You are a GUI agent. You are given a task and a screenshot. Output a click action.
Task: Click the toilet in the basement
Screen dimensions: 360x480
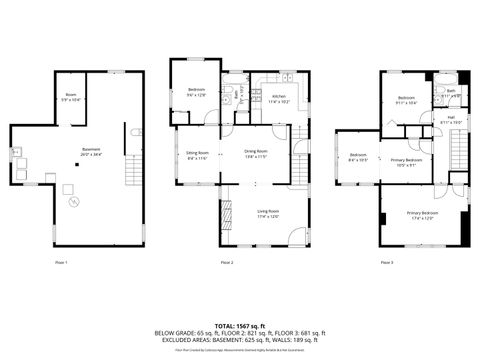(136, 132)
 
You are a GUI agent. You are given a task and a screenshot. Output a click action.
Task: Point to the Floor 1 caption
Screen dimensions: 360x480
(61, 262)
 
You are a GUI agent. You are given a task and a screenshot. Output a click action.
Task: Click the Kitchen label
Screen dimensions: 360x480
(278, 98)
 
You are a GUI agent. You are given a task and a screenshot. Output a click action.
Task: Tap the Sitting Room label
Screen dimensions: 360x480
(196, 154)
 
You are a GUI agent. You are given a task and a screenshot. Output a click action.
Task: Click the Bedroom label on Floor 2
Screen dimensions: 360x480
(196, 92)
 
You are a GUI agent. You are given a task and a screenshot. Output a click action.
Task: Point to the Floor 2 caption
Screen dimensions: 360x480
(227, 262)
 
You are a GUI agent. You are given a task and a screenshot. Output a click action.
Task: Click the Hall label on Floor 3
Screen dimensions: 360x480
(451, 119)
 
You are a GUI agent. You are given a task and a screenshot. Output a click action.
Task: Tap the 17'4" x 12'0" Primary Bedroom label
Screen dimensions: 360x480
(422, 215)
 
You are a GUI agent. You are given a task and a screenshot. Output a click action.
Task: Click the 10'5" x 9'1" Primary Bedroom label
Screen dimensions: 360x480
(406, 162)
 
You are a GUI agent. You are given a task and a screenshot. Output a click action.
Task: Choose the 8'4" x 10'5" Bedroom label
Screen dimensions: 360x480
(358, 157)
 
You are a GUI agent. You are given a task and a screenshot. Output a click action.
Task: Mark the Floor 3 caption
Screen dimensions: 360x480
(387, 262)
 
